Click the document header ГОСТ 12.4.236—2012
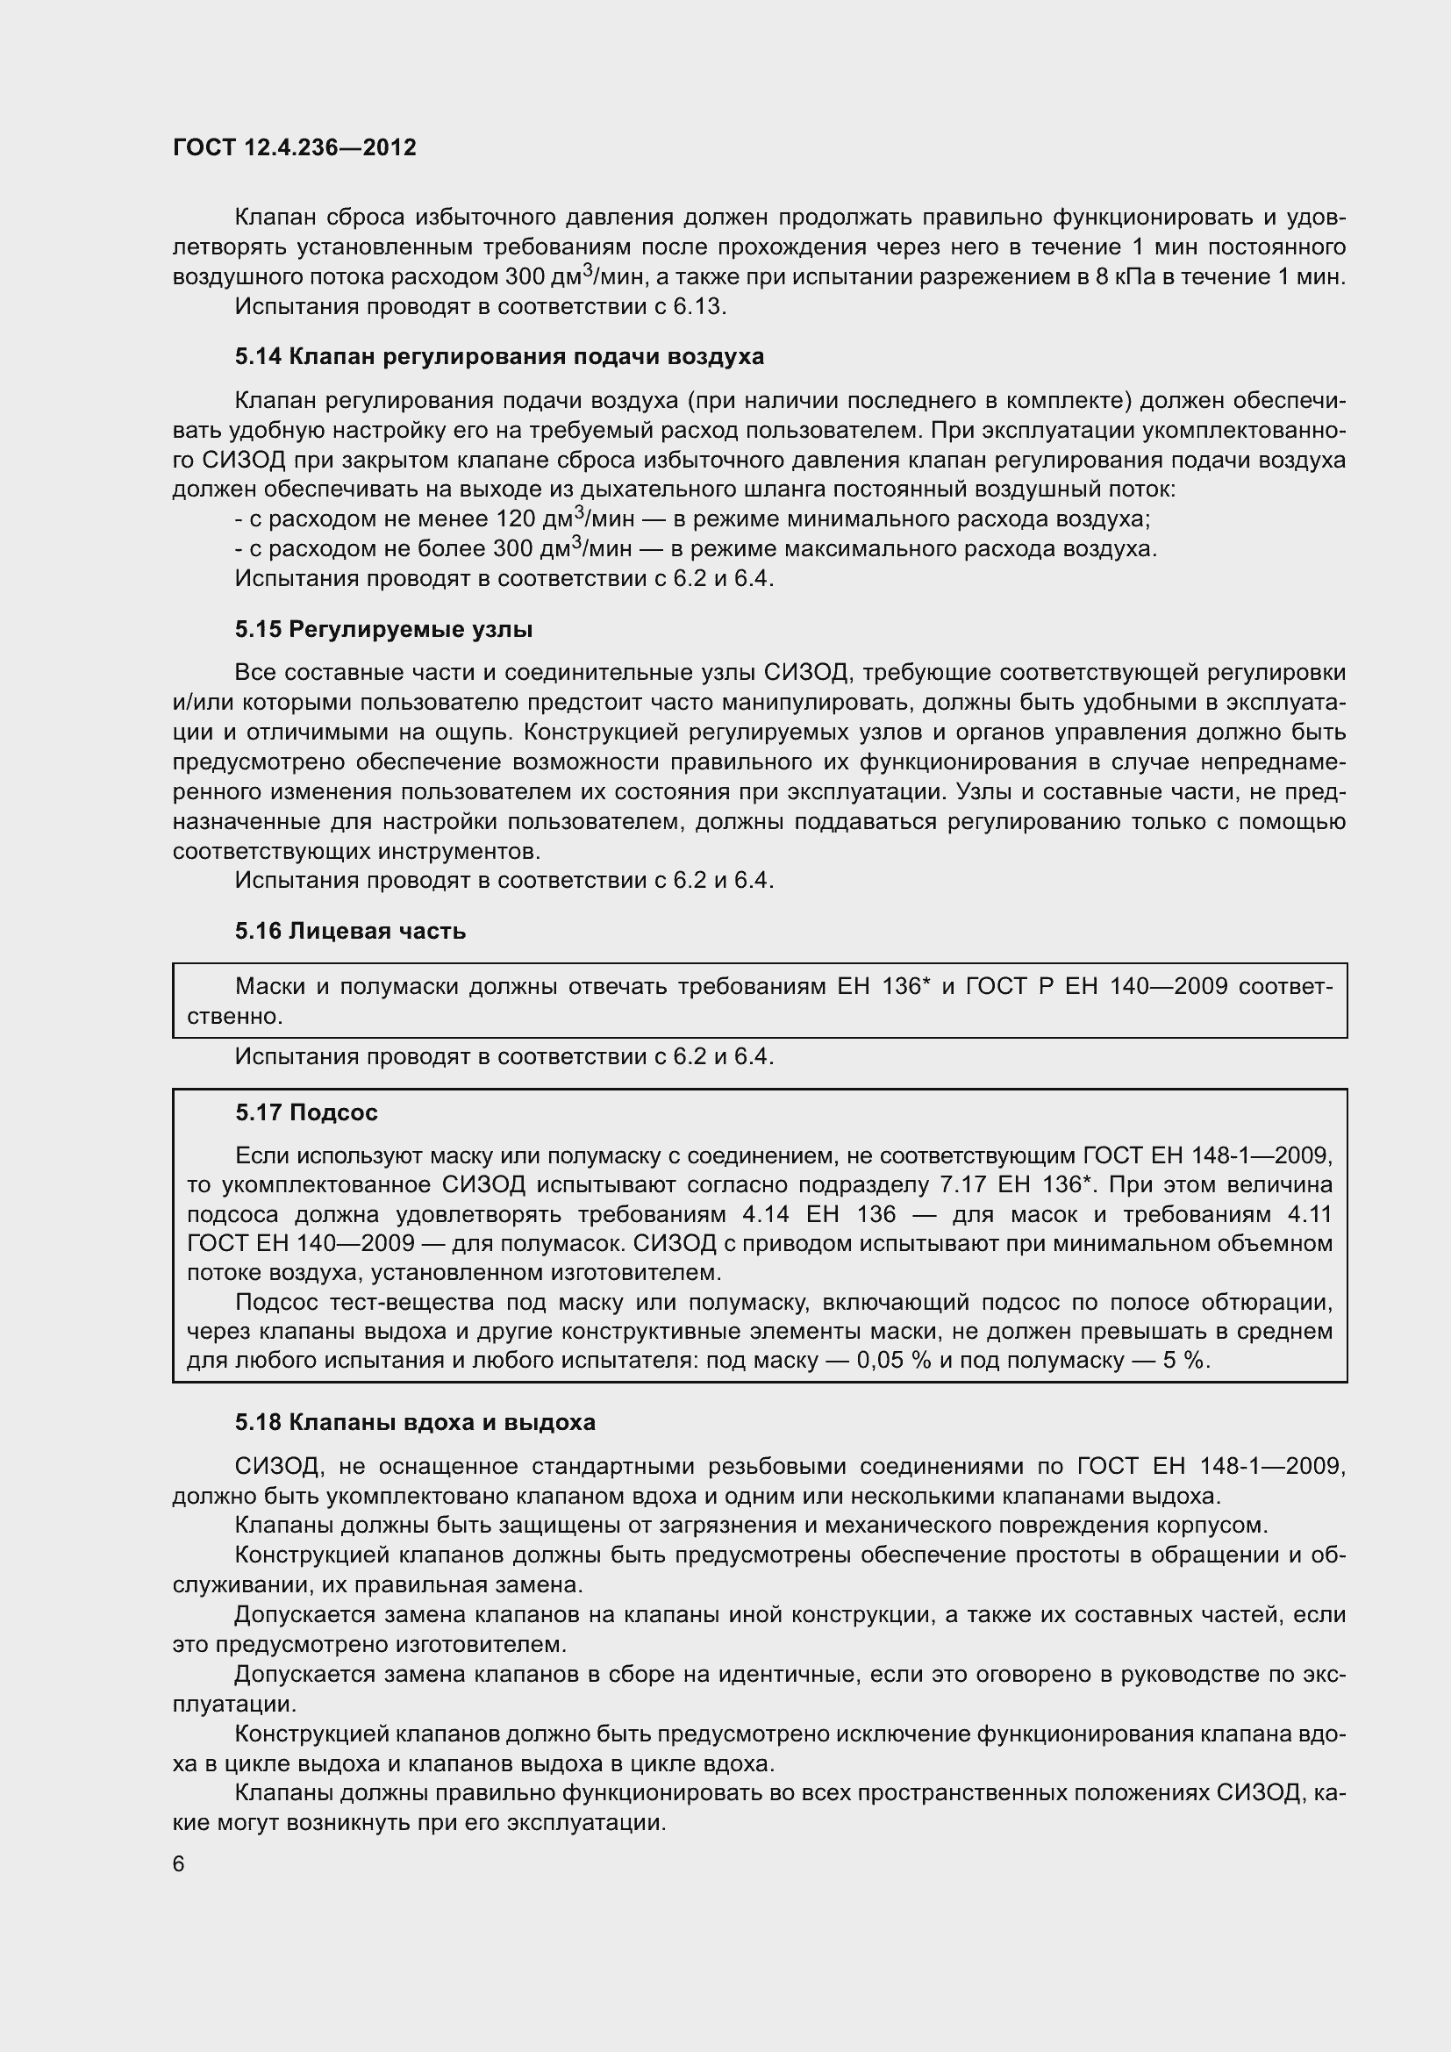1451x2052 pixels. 295,147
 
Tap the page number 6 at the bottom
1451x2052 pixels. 179,1863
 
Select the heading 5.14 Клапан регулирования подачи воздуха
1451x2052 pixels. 499,356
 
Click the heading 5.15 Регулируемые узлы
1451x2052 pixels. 383,629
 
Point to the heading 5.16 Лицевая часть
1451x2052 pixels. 350,932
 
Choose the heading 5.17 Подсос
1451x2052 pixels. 306,1112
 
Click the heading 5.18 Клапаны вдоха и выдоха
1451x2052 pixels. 415,1422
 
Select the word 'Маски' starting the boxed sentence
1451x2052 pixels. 270,987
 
